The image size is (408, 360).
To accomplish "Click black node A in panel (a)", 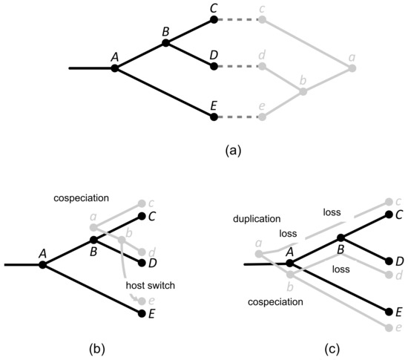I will (115, 68).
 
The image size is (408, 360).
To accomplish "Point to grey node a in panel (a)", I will (352, 68).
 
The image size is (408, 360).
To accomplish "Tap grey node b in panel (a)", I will (302, 92).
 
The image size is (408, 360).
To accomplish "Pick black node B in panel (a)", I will (165, 43).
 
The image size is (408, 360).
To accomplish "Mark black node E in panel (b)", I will (142, 313).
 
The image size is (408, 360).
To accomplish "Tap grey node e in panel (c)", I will (387, 327).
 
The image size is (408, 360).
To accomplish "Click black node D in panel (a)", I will (214, 66).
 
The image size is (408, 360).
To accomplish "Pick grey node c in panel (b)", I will (142, 203).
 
